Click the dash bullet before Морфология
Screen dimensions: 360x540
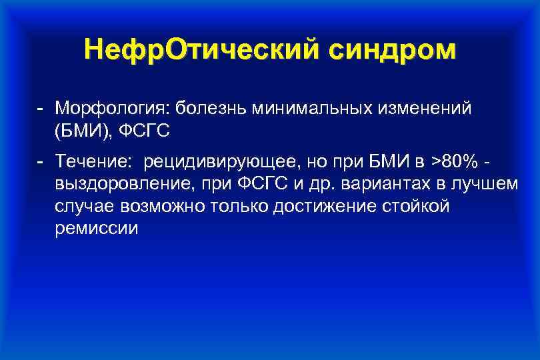click(41, 108)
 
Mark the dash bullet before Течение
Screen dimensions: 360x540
click(41, 161)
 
